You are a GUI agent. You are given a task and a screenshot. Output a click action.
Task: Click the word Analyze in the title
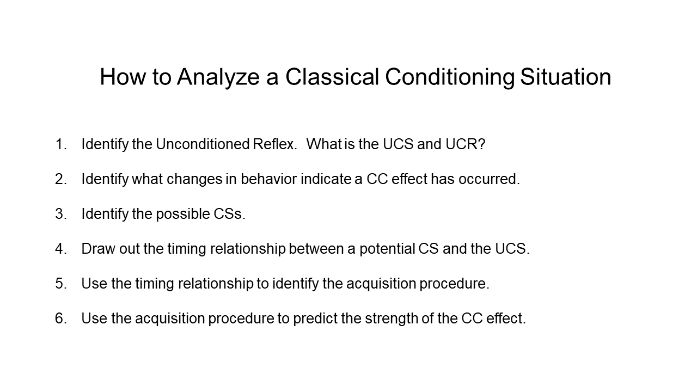(218, 77)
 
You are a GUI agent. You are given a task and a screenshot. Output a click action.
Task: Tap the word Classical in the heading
(332, 77)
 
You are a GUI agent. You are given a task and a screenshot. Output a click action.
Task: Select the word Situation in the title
(565, 77)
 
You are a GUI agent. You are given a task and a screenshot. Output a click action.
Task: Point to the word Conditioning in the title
(450, 78)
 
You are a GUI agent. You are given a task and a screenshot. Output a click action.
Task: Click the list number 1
(60, 144)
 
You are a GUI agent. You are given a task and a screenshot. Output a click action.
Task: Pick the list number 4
(60, 249)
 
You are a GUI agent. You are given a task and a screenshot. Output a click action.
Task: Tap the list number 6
(60, 318)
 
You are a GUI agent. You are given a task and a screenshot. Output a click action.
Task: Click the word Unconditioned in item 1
(203, 144)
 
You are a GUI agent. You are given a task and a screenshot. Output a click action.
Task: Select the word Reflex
(275, 144)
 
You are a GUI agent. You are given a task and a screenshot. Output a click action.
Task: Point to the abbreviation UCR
(465, 144)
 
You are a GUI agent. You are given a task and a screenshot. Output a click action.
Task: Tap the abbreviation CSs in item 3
(229, 214)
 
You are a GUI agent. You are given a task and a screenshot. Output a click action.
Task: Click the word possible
(183, 215)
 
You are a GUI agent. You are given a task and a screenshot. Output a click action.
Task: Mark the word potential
(387, 249)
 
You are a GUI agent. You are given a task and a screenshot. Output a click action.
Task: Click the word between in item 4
(316, 249)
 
